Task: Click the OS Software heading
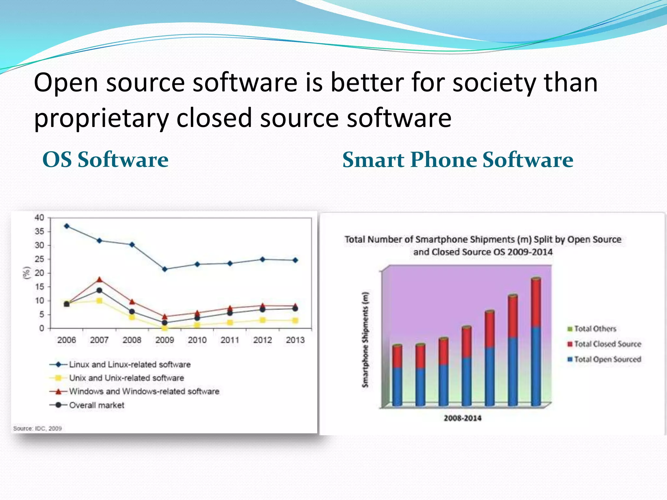(x=105, y=160)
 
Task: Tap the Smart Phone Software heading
(x=458, y=160)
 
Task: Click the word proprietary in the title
(x=101, y=118)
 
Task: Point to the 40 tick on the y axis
(x=39, y=217)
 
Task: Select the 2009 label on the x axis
(x=164, y=340)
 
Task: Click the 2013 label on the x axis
(x=295, y=340)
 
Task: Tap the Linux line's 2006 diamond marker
(x=67, y=226)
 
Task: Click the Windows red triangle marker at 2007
(x=99, y=280)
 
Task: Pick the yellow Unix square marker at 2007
(x=99, y=301)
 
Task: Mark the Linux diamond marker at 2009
(x=164, y=269)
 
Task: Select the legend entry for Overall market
(x=96, y=405)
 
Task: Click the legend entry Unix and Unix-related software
(x=126, y=378)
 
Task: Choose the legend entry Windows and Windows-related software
(x=144, y=391)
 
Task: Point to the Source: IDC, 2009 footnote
(x=37, y=428)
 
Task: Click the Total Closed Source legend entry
(x=607, y=344)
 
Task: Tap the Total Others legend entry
(x=595, y=329)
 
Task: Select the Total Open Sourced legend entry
(x=607, y=359)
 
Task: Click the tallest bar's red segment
(x=536, y=303)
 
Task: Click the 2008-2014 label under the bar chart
(x=462, y=418)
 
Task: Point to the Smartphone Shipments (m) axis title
(x=365, y=340)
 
